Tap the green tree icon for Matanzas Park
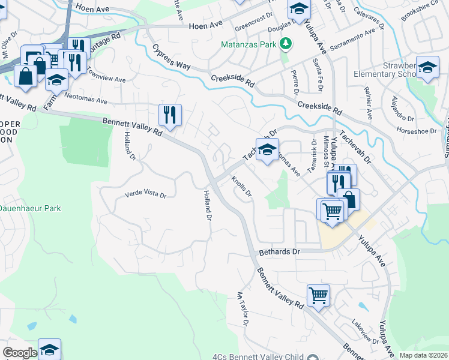click(x=286, y=43)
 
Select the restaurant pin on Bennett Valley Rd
click(x=170, y=114)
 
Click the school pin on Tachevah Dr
click(x=267, y=151)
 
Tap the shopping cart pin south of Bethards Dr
click(x=318, y=295)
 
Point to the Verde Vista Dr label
click(x=145, y=194)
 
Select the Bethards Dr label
click(x=279, y=252)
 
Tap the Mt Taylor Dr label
click(x=242, y=309)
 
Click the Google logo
click(x=20, y=353)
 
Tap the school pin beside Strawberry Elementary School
click(x=427, y=68)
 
